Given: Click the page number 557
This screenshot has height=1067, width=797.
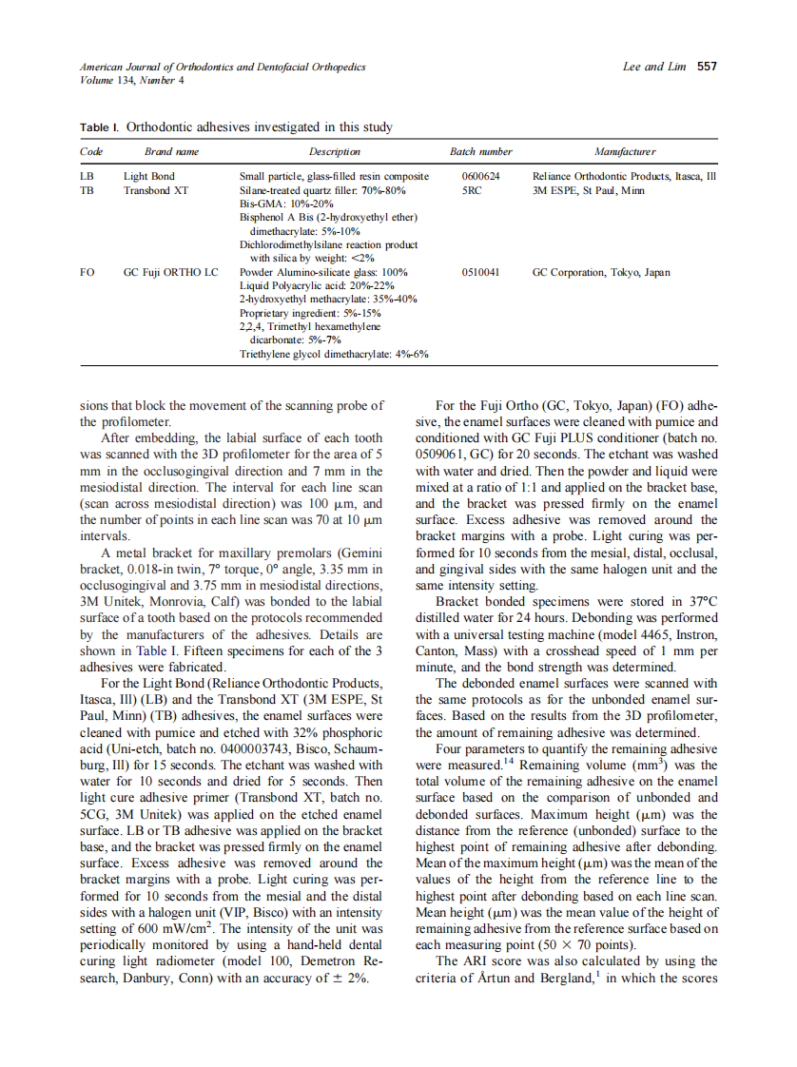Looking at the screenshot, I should click(707, 67).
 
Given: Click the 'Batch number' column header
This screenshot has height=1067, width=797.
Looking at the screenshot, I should click(480, 151).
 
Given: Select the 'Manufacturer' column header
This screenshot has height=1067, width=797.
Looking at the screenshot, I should click(624, 151).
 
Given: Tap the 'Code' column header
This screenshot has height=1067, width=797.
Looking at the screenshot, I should click(91, 151).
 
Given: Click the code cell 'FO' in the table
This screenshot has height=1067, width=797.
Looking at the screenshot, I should click(87, 272).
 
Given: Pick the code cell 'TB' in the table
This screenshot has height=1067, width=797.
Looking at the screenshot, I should click(87, 190).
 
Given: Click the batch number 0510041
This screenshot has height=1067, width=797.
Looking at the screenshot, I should click(480, 272).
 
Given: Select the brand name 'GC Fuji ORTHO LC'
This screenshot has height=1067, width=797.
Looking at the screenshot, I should click(171, 272).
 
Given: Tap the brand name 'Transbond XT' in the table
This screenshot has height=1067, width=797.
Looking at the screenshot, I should click(156, 190).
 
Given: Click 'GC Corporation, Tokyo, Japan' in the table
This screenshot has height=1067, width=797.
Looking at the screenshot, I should click(601, 272).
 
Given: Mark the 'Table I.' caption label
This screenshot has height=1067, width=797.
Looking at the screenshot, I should click(100, 126).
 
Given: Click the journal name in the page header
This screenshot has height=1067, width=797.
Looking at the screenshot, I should click(223, 67).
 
